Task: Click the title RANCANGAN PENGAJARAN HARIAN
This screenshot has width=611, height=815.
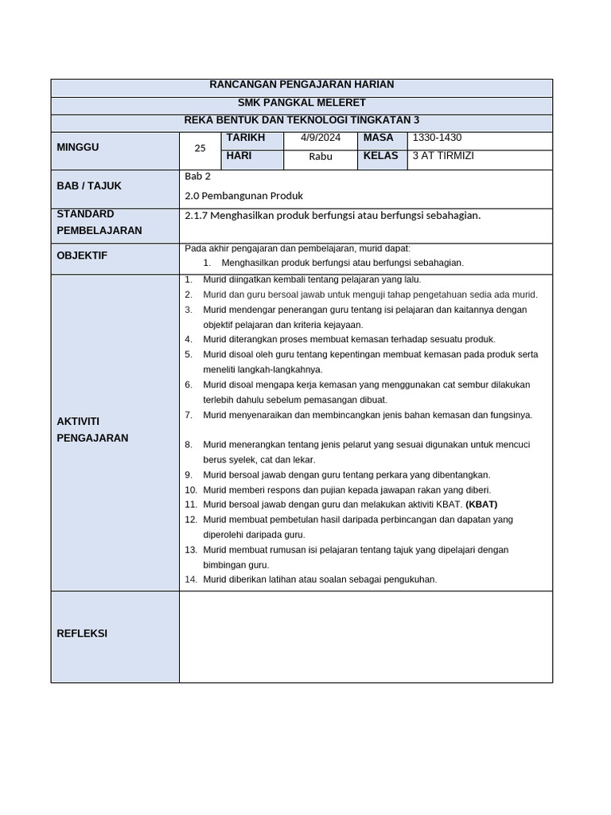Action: (x=301, y=84)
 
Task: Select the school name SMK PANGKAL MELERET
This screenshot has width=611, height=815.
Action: (x=302, y=103)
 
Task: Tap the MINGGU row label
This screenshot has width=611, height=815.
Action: (x=77, y=147)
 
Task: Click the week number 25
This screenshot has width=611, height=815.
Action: (x=200, y=148)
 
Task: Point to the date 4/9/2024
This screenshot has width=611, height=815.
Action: (x=320, y=138)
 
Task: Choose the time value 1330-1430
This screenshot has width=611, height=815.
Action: (x=437, y=138)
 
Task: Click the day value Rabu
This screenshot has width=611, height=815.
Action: (x=320, y=157)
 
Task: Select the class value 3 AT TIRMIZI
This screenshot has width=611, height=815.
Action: (x=443, y=156)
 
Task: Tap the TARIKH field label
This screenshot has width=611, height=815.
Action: (x=245, y=138)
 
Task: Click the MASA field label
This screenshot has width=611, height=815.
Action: (x=379, y=138)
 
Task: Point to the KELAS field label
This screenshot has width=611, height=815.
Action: (x=380, y=156)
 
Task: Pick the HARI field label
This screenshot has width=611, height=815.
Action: (x=239, y=156)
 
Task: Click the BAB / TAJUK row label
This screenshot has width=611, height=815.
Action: (x=88, y=185)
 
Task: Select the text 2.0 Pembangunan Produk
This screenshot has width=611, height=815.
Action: (x=243, y=196)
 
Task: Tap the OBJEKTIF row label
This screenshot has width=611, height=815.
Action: (x=81, y=255)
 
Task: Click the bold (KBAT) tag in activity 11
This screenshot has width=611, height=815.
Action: (x=481, y=505)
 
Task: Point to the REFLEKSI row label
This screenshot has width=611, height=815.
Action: (x=82, y=634)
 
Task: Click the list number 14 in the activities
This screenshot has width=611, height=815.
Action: (x=190, y=579)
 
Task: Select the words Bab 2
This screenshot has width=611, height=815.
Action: (x=197, y=177)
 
